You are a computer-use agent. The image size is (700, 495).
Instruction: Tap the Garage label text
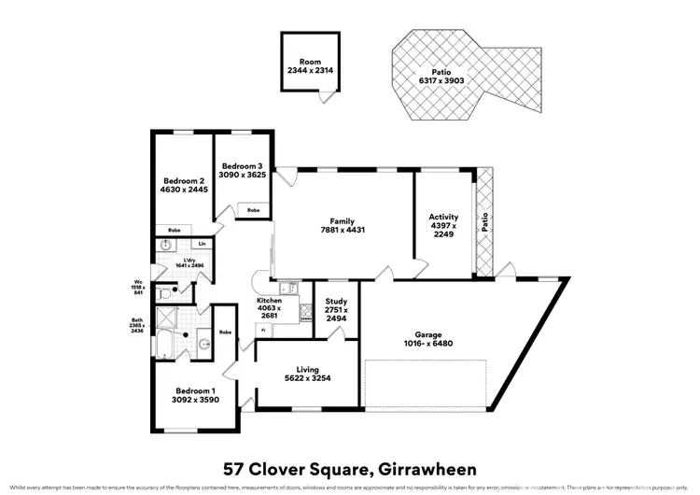(x=428, y=334)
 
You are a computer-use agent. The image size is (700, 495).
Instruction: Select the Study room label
(x=336, y=303)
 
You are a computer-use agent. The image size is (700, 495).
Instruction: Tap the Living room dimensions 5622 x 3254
(x=307, y=378)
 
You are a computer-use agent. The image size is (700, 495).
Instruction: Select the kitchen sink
(x=289, y=288)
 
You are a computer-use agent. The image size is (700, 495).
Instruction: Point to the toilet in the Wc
(x=165, y=293)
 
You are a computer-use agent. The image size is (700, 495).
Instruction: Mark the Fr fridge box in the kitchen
(x=264, y=331)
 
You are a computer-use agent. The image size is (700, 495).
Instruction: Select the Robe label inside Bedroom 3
(x=253, y=210)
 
